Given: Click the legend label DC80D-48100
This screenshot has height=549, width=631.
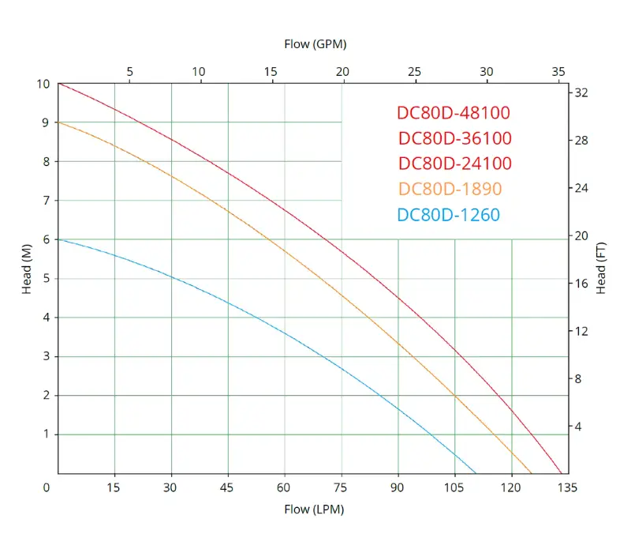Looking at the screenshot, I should [454, 113].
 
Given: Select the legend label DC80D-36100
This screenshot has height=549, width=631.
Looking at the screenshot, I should [455, 138].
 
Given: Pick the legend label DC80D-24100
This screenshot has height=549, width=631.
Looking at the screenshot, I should [455, 164].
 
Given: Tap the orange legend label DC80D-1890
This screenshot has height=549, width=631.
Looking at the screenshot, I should [450, 189].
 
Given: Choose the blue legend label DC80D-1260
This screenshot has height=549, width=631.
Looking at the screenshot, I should [449, 214].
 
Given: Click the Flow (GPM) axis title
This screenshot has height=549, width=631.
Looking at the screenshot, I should [315, 44].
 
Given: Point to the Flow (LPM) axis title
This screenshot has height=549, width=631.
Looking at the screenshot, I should [314, 510].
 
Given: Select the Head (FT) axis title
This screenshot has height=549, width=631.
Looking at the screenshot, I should [601, 269].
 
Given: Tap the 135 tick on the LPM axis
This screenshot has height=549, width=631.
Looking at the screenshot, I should [568, 488].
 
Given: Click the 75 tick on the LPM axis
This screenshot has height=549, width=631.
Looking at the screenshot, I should [342, 488].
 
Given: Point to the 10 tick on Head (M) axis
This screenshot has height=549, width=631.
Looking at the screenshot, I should [43, 84].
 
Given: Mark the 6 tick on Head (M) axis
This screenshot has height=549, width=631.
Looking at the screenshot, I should [46, 239].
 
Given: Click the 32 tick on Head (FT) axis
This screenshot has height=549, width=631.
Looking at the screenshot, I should [581, 93].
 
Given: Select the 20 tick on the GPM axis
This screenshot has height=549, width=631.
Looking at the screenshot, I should [342, 71].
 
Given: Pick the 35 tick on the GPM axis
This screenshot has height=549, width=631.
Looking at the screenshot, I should [558, 71].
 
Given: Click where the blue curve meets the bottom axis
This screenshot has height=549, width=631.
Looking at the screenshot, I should [476, 472].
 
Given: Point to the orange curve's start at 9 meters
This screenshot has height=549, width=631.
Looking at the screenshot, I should [58, 122].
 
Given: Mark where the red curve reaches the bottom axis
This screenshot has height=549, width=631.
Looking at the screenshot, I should [561, 472].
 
